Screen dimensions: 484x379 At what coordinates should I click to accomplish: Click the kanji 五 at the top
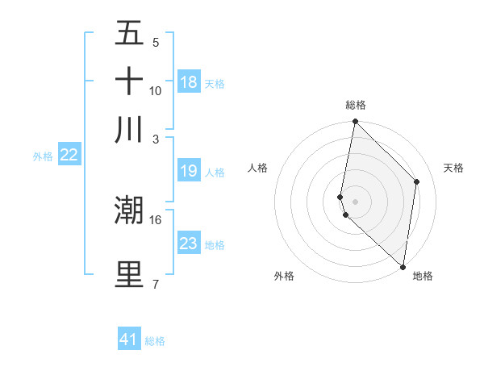tap(129, 34)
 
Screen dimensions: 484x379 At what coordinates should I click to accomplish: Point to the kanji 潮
tap(129, 210)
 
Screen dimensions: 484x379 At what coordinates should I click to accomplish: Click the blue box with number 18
tap(189, 82)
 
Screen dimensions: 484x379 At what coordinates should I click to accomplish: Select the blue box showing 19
tap(189, 171)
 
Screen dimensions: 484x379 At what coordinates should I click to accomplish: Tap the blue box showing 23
tap(189, 244)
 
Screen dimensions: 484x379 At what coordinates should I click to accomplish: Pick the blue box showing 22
tap(69, 156)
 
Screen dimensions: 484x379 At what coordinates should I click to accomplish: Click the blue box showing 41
tap(129, 339)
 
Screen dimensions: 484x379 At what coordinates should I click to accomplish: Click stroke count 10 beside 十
tap(155, 90)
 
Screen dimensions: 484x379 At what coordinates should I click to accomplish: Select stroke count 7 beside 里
tap(155, 284)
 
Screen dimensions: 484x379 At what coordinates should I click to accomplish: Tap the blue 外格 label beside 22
tap(42, 156)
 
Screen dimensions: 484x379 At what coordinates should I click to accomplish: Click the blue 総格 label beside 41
tap(155, 341)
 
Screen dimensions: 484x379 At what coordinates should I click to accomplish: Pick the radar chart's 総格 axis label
tap(356, 105)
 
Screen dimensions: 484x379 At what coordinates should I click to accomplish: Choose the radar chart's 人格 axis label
tap(258, 168)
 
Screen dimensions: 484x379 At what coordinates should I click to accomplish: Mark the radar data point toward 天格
tap(417, 181)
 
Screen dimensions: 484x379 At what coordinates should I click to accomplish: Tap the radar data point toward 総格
tap(355, 123)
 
